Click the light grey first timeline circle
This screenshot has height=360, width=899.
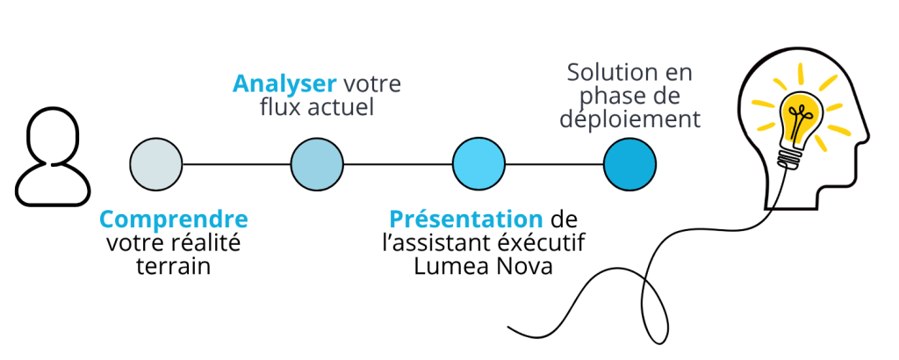tap(156, 164)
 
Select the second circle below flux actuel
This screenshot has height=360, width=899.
tap(317, 164)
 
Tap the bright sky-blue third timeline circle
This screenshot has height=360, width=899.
tap(478, 164)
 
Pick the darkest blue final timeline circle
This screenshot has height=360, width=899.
tap(630, 164)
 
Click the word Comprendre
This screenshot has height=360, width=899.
tap(174, 220)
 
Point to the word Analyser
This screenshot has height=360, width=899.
tap(284, 84)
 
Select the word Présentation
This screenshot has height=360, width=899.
tap(466, 219)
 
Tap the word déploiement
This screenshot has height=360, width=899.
tap(630, 119)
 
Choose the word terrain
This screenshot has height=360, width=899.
tap(174, 267)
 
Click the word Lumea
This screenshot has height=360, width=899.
tap(447, 267)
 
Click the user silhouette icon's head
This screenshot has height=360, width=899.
tap(53, 135)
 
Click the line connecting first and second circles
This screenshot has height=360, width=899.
tap(236, 164)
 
